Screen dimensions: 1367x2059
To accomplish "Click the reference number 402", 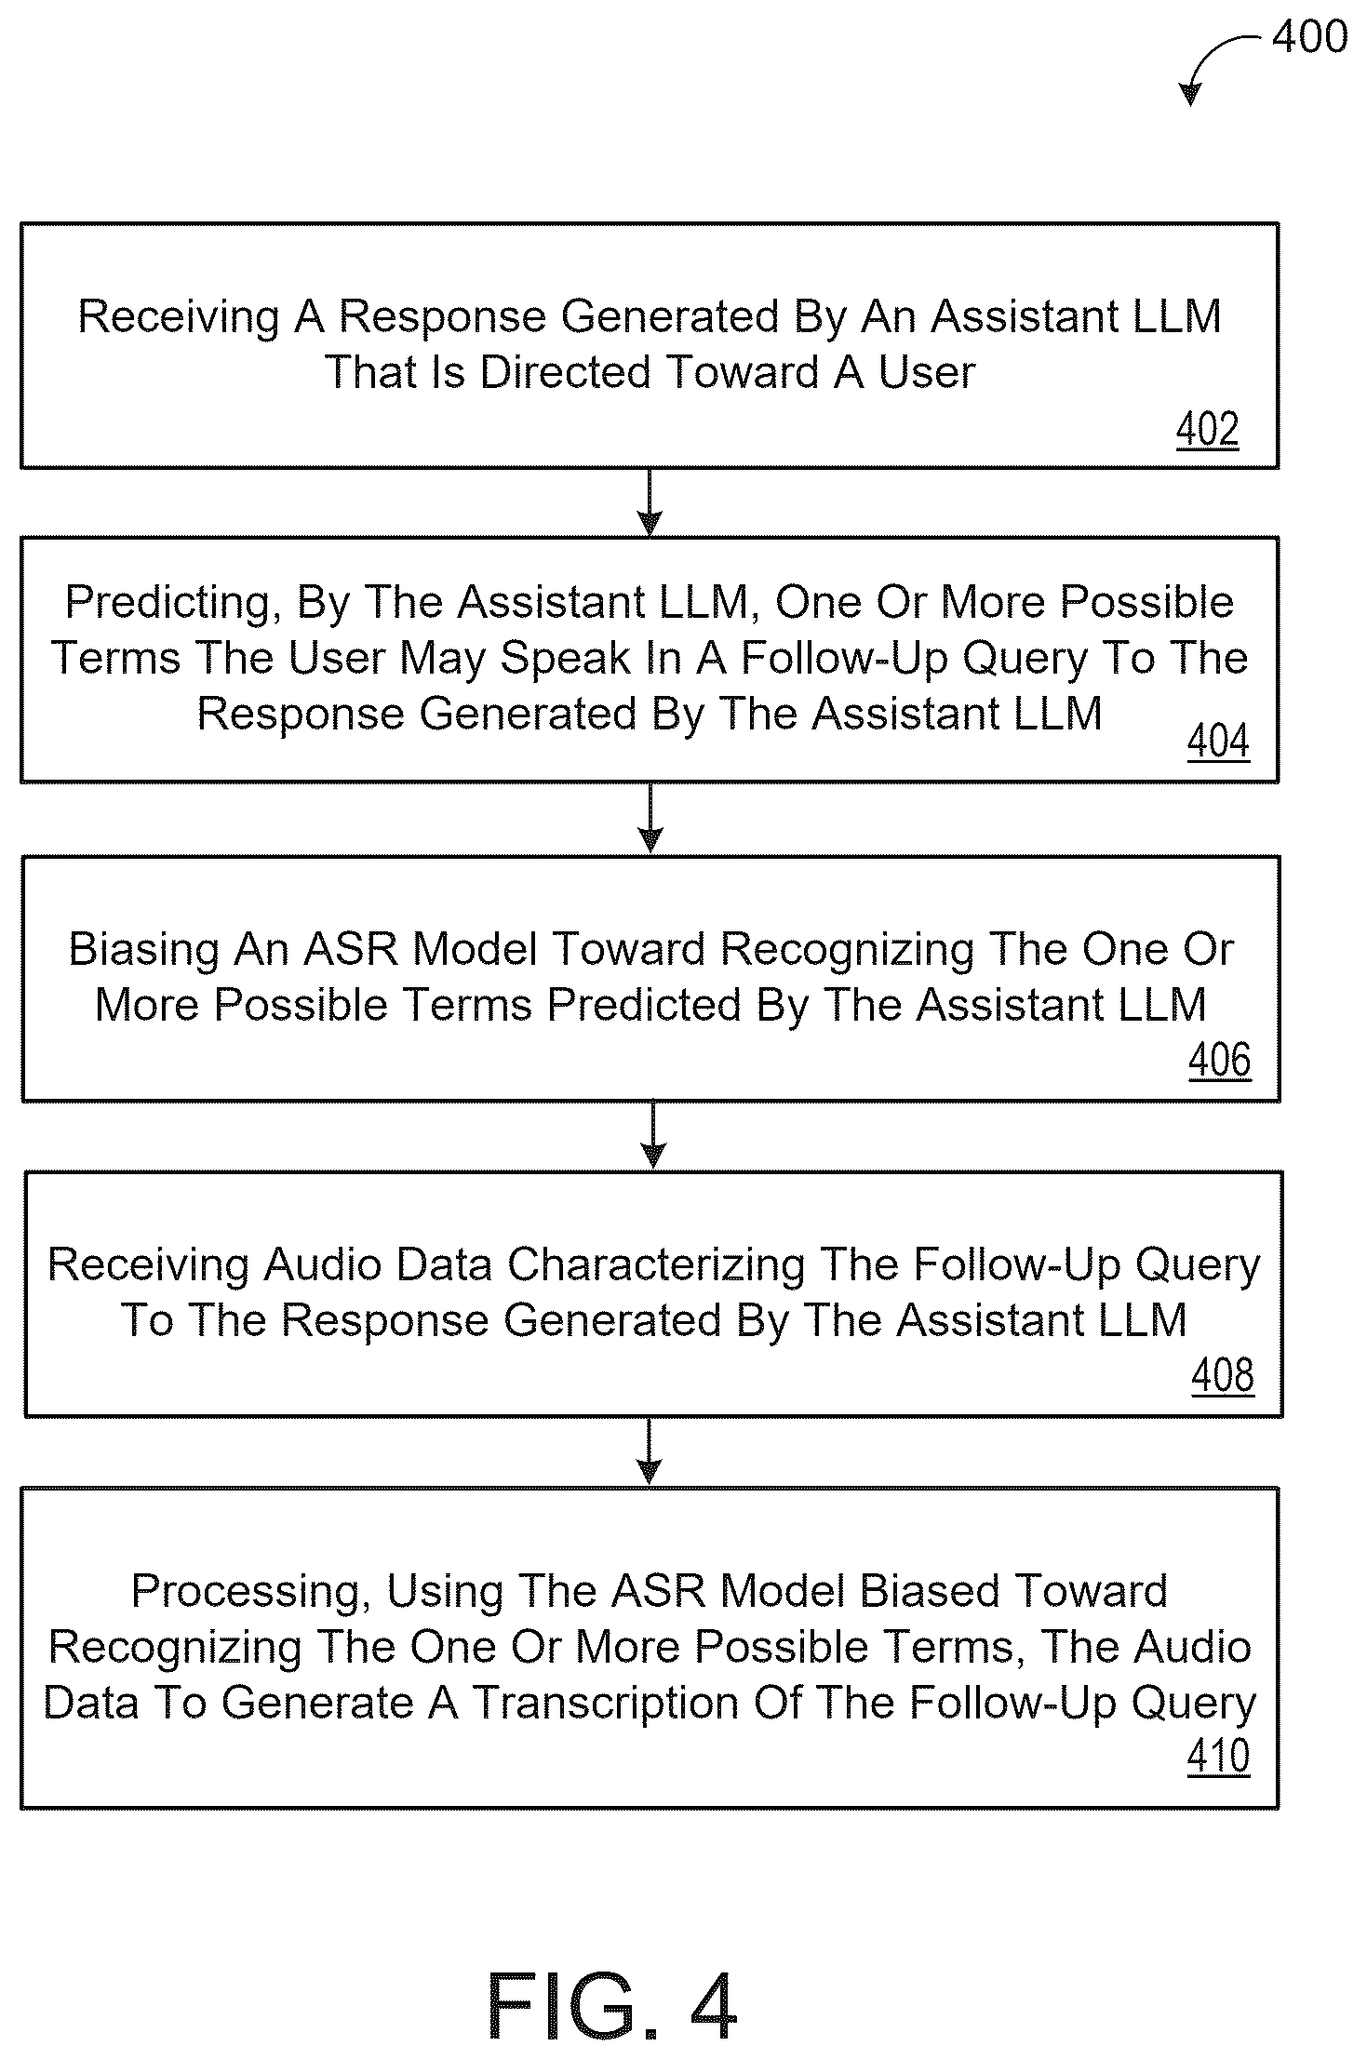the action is pos(1208,430).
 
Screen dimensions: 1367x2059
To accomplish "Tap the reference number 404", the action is pos(1219,742).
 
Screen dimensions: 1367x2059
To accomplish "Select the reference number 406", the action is pos(1220,1061).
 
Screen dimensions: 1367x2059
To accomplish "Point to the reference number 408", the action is pos(1223,1375).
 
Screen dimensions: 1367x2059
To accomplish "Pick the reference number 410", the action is pos(1219,1757).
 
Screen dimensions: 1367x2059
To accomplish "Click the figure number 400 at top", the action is pos(1310,37).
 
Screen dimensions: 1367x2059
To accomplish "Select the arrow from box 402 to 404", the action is pos(650,502).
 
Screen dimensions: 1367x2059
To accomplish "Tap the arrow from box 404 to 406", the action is pos(650,818).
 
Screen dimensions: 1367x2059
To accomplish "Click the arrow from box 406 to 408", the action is pos(653,1135).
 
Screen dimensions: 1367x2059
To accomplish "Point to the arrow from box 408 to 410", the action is pos(649,1451).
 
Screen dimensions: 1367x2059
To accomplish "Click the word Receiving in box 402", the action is pos(179,317).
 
